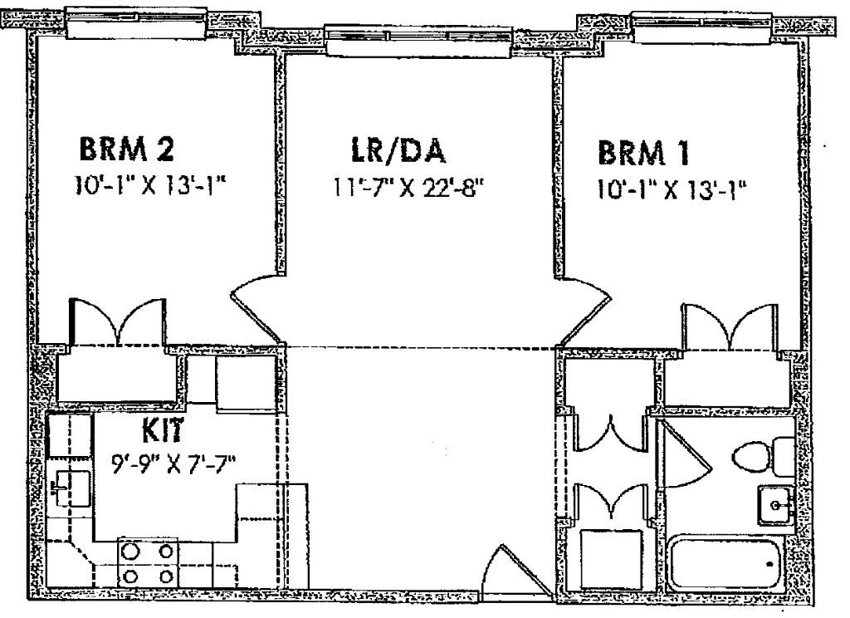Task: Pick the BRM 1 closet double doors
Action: point(730,327)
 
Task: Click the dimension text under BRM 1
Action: point(667,188)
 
